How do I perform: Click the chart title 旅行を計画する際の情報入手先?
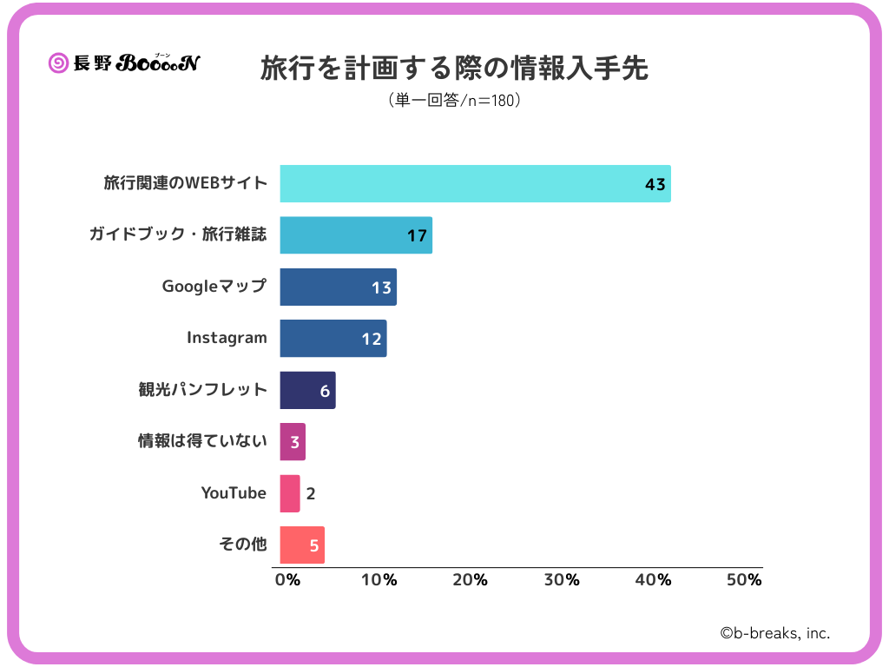[x=454, y=69]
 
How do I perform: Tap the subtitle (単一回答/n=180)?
[x=454, y=101]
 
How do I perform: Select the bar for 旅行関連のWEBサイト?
[x=475, y=183]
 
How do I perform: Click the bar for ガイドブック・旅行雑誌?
[x=356, y=234]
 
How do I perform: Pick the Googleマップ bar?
[x=338, y=287]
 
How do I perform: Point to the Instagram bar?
[x=333, y=338]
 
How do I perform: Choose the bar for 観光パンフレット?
[x=307, y=390]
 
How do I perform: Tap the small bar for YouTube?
[x=290, y=493]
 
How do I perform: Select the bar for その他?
[x=302, y=545]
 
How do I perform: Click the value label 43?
[x=655, y=184]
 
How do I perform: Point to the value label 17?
[x=417, y=235]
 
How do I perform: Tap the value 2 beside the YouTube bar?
[x=311, y=494]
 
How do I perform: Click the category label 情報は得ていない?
[x=202, y=441]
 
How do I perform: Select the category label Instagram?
[x=227, y=338]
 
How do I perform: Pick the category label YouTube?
[x=234, y=493]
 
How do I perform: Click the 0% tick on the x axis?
[x=287, y=580]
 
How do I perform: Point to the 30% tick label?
[x=561, y=580]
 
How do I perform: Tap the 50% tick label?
[x=743, y=580]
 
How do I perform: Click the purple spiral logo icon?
[x=59, y=63]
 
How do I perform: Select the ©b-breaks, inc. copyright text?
[x=774, y=633]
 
